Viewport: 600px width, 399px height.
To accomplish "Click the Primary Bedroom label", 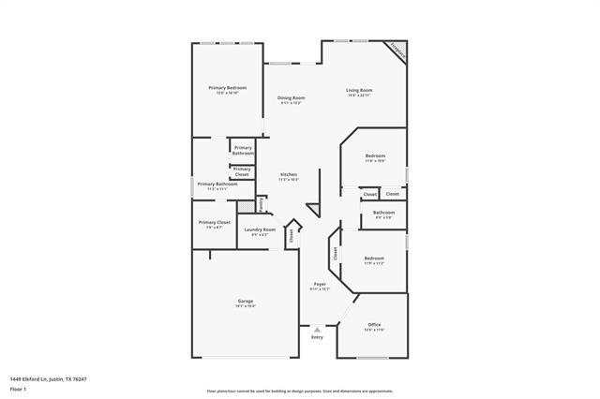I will [x=227, y=88].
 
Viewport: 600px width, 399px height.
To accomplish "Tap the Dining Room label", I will [x=291, y=97].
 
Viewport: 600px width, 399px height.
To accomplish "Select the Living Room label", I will [x=359, y=90].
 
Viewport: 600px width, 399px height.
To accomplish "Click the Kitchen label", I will [x=289, y=175].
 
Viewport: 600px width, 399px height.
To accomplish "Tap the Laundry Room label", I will [x=260, y=229].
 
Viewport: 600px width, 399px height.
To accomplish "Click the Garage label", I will [x=246, y=301].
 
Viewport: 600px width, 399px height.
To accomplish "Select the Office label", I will [x=374, y=324].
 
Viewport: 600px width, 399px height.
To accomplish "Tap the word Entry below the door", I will [x=317, y=337].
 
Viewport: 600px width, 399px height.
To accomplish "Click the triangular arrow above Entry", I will [x=317, y=330].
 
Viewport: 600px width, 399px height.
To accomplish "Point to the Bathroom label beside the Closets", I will [x=383, y=213].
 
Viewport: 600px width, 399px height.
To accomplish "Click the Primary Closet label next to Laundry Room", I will [x=214, y=222].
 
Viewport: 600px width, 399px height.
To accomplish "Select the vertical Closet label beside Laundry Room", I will [x=292, y=234].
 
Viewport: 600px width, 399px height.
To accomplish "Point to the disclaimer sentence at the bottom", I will [x=299, y=391].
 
